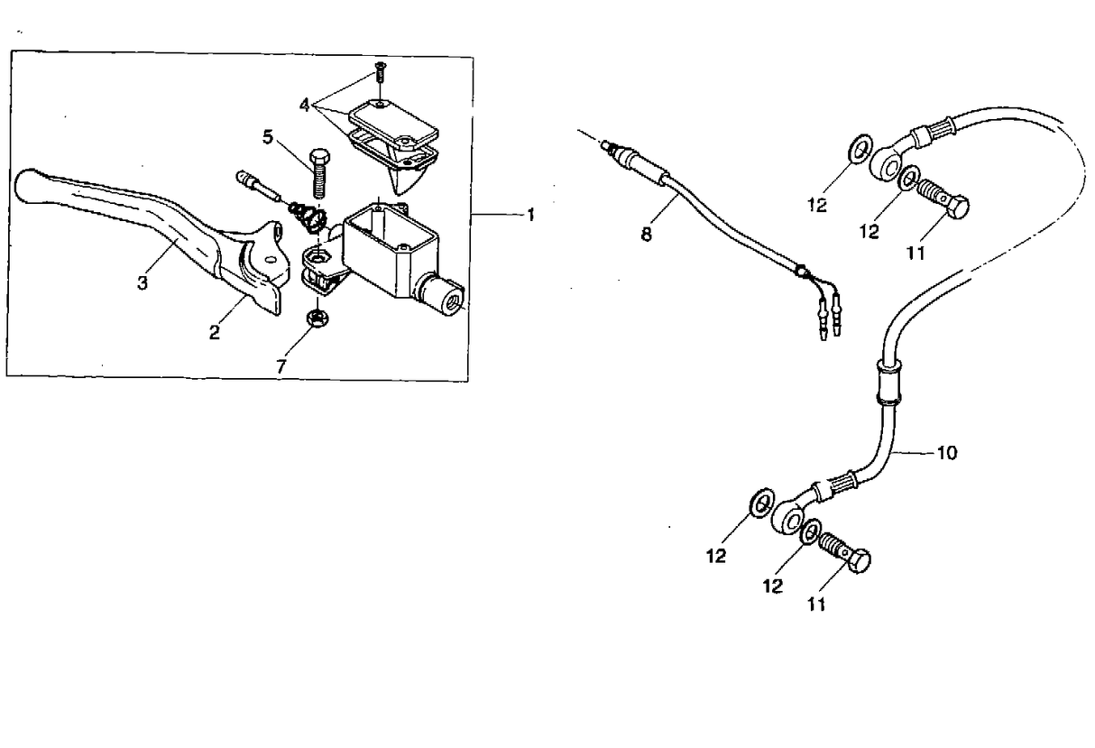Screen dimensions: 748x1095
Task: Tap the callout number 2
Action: click(214, 331)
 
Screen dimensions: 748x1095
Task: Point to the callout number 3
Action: click(142, 282)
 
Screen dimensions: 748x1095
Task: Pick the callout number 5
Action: click(267, 137)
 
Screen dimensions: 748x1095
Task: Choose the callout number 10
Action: click(947, 452)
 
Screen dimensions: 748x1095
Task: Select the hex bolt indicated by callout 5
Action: click(318, 174)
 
